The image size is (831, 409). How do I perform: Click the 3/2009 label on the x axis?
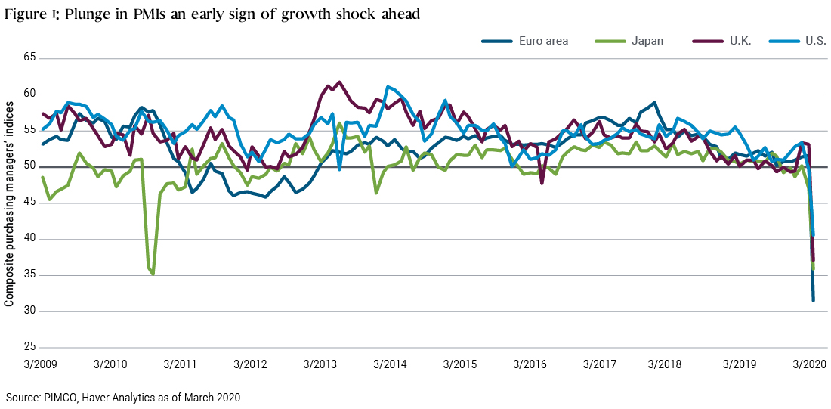(42, 364)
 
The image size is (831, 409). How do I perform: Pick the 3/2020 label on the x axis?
(809, 364)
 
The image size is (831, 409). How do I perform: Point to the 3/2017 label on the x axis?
(600, 364)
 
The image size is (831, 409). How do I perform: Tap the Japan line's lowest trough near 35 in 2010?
(153, 274)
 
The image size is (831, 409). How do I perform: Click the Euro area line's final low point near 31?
(813, 300)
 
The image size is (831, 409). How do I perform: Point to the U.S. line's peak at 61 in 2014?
(388, 87)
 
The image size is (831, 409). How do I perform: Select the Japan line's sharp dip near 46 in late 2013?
(376, 193)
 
